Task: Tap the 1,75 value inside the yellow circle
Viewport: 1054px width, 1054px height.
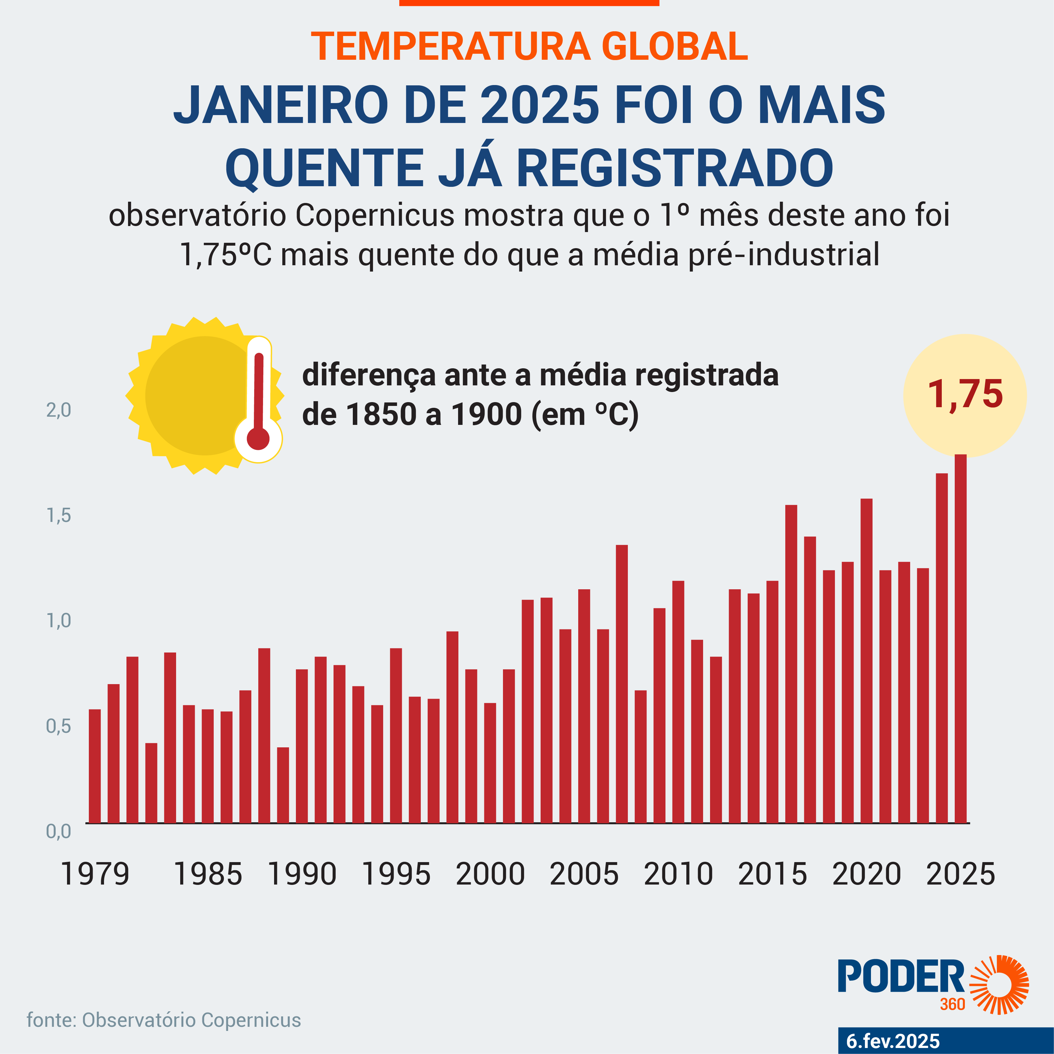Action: point(965,395)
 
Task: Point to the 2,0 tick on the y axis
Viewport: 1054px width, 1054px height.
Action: point(58,410)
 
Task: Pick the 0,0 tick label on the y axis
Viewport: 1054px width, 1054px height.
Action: point(58,831)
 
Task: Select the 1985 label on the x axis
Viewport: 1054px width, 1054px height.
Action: point(207,874)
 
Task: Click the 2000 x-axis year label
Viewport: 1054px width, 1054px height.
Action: point(490,874)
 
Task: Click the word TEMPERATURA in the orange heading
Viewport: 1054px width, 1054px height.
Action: point(450,47)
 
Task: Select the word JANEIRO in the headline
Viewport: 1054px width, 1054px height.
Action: point(281,105)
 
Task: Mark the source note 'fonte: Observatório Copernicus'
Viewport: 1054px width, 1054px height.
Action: point(164,1020)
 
